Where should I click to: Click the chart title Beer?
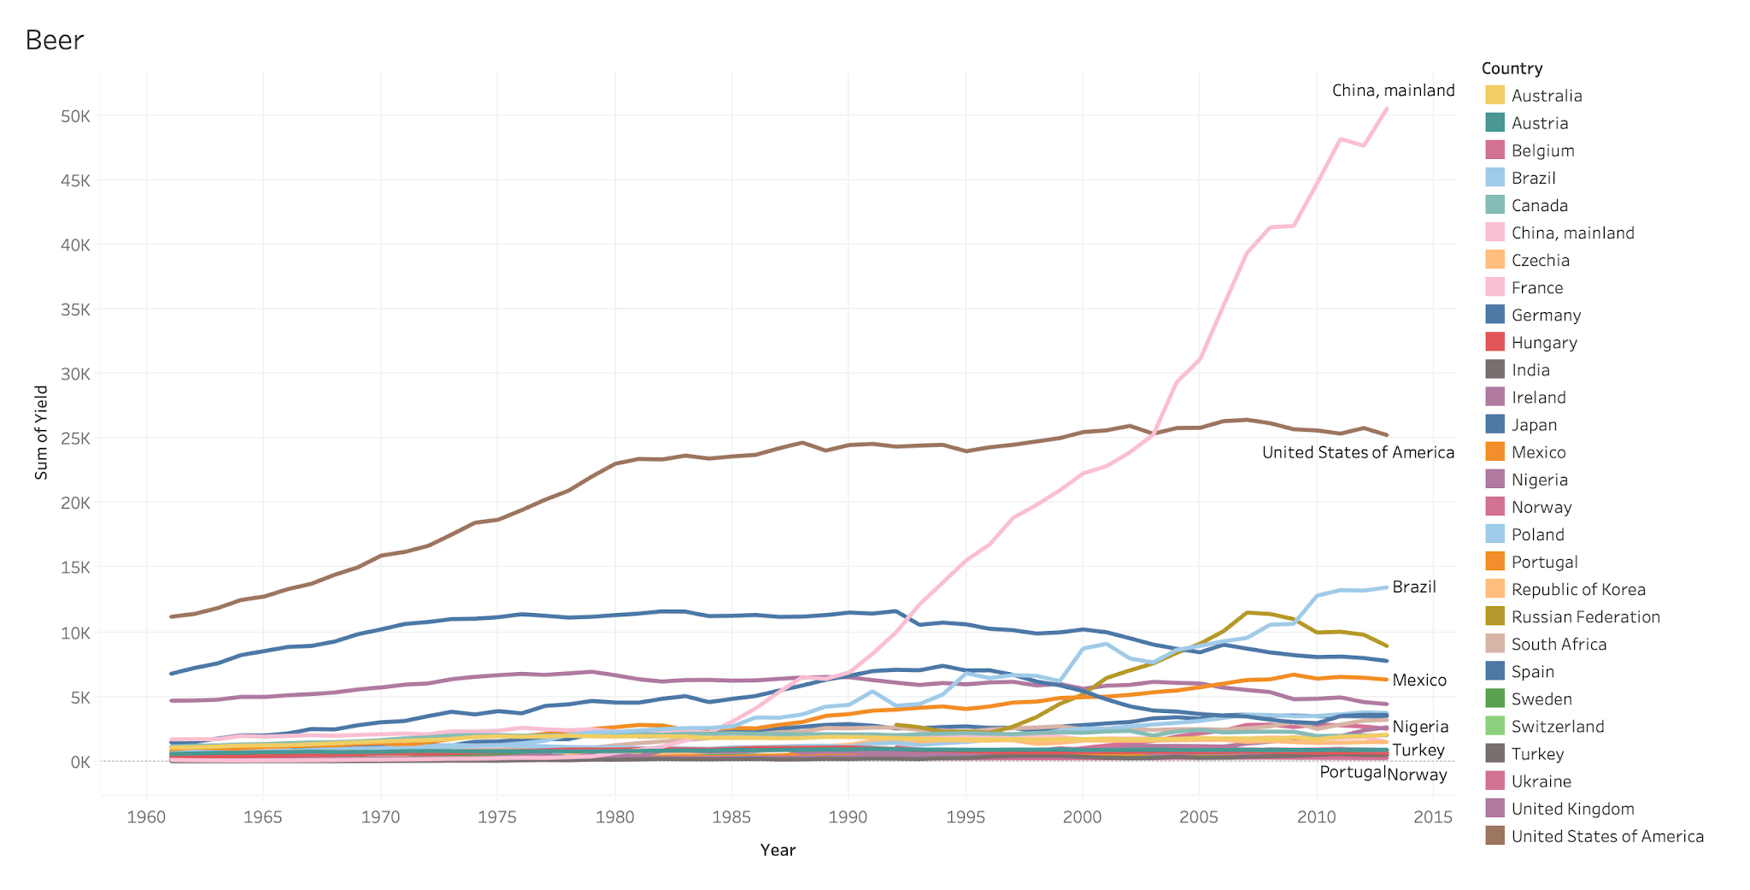point(55,40)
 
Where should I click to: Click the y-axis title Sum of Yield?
point(41,432)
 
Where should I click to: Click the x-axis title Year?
point(778,850)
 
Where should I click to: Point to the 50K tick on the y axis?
point(76,116)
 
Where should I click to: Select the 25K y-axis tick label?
point(76,439)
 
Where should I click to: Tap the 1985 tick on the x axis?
point(731,816)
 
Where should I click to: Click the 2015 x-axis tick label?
point(1433,816)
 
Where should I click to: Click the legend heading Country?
point(1512,68)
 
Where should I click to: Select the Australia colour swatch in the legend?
point(1495,96)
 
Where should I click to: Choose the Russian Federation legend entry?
point(1585,616)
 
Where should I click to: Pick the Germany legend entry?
point(1546,315)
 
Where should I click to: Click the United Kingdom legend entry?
point(1572,809)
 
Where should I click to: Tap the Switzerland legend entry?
point(1557,726)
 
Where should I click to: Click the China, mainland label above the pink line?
point(1393,90)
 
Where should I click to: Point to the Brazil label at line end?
point(1414,586)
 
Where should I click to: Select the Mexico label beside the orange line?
point(1419,680)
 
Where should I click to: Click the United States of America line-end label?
point(1358,452)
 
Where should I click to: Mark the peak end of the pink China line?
point(1387,109)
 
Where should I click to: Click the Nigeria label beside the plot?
point(1420,727)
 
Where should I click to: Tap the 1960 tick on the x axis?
point(146,816)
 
